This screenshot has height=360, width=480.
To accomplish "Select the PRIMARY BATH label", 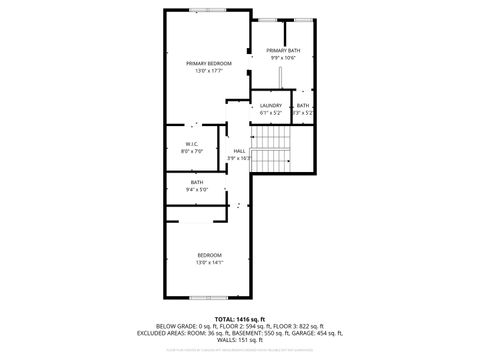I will point(283,50).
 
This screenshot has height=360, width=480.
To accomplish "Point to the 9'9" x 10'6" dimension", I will point(283,58).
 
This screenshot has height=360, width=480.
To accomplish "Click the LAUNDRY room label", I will point(271,105).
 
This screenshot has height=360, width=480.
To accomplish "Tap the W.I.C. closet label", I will point(193,143).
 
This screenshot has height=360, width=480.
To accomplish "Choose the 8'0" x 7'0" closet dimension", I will point(193,151).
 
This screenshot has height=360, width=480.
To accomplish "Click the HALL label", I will point(239,150).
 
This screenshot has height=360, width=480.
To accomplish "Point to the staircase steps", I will point(270,150).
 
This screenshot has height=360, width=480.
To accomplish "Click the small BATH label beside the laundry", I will point(303,105).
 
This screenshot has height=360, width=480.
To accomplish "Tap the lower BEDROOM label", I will point(209,255).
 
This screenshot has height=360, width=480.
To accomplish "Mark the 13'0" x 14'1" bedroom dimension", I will point(209,263).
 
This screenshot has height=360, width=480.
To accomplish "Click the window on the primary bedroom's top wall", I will point(205,10).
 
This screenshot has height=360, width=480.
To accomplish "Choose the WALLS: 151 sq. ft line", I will point(240,340).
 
